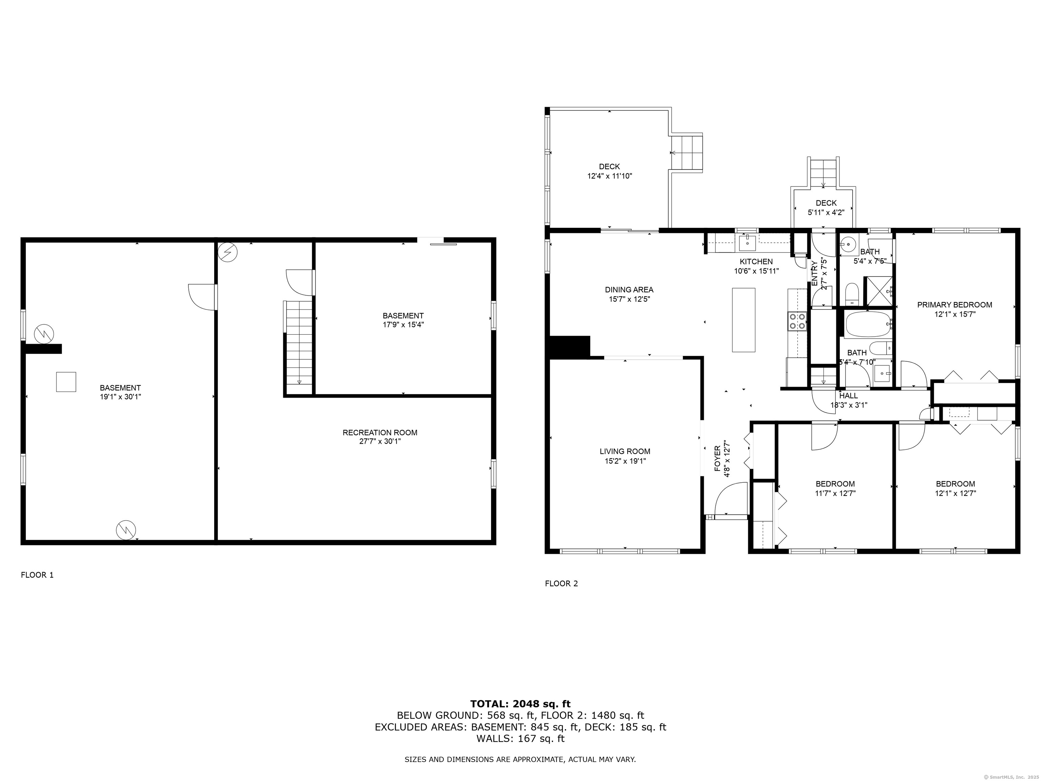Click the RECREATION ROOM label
point(380,433)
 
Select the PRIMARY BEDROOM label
point(954,305)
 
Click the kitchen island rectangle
point(743,320)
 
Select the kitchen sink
point(747,243)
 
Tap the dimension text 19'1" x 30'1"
point(121,397)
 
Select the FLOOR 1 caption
point(37,575)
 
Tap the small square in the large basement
point(66,382)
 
